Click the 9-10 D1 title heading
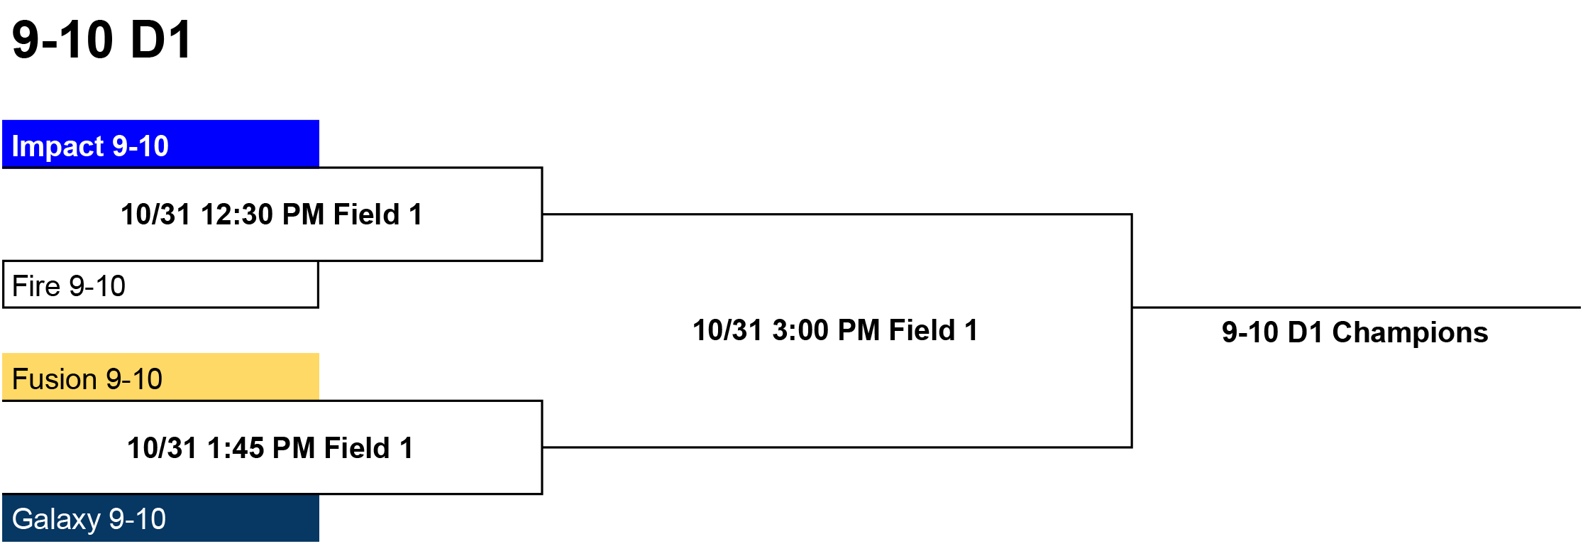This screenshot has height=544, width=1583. [101, 40]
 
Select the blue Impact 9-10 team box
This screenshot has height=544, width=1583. [161, 144]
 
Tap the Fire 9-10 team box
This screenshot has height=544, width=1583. [161, 285]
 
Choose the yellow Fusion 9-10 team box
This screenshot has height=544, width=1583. [161, 377]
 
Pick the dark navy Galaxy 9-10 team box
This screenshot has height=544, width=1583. [161, 518]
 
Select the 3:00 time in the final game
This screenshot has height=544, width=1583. [800, 330]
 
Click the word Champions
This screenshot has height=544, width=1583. [1410, 332]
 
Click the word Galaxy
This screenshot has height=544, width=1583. [56, 519]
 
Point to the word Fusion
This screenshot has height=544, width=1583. [55, 379]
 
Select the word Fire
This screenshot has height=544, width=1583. [36, 286]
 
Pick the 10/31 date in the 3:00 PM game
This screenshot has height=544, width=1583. [728, 330]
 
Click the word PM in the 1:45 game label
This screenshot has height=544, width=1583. [294, 448]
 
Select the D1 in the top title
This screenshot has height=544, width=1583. [161, 40]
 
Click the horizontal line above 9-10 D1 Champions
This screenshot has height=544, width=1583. [1357, 308]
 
